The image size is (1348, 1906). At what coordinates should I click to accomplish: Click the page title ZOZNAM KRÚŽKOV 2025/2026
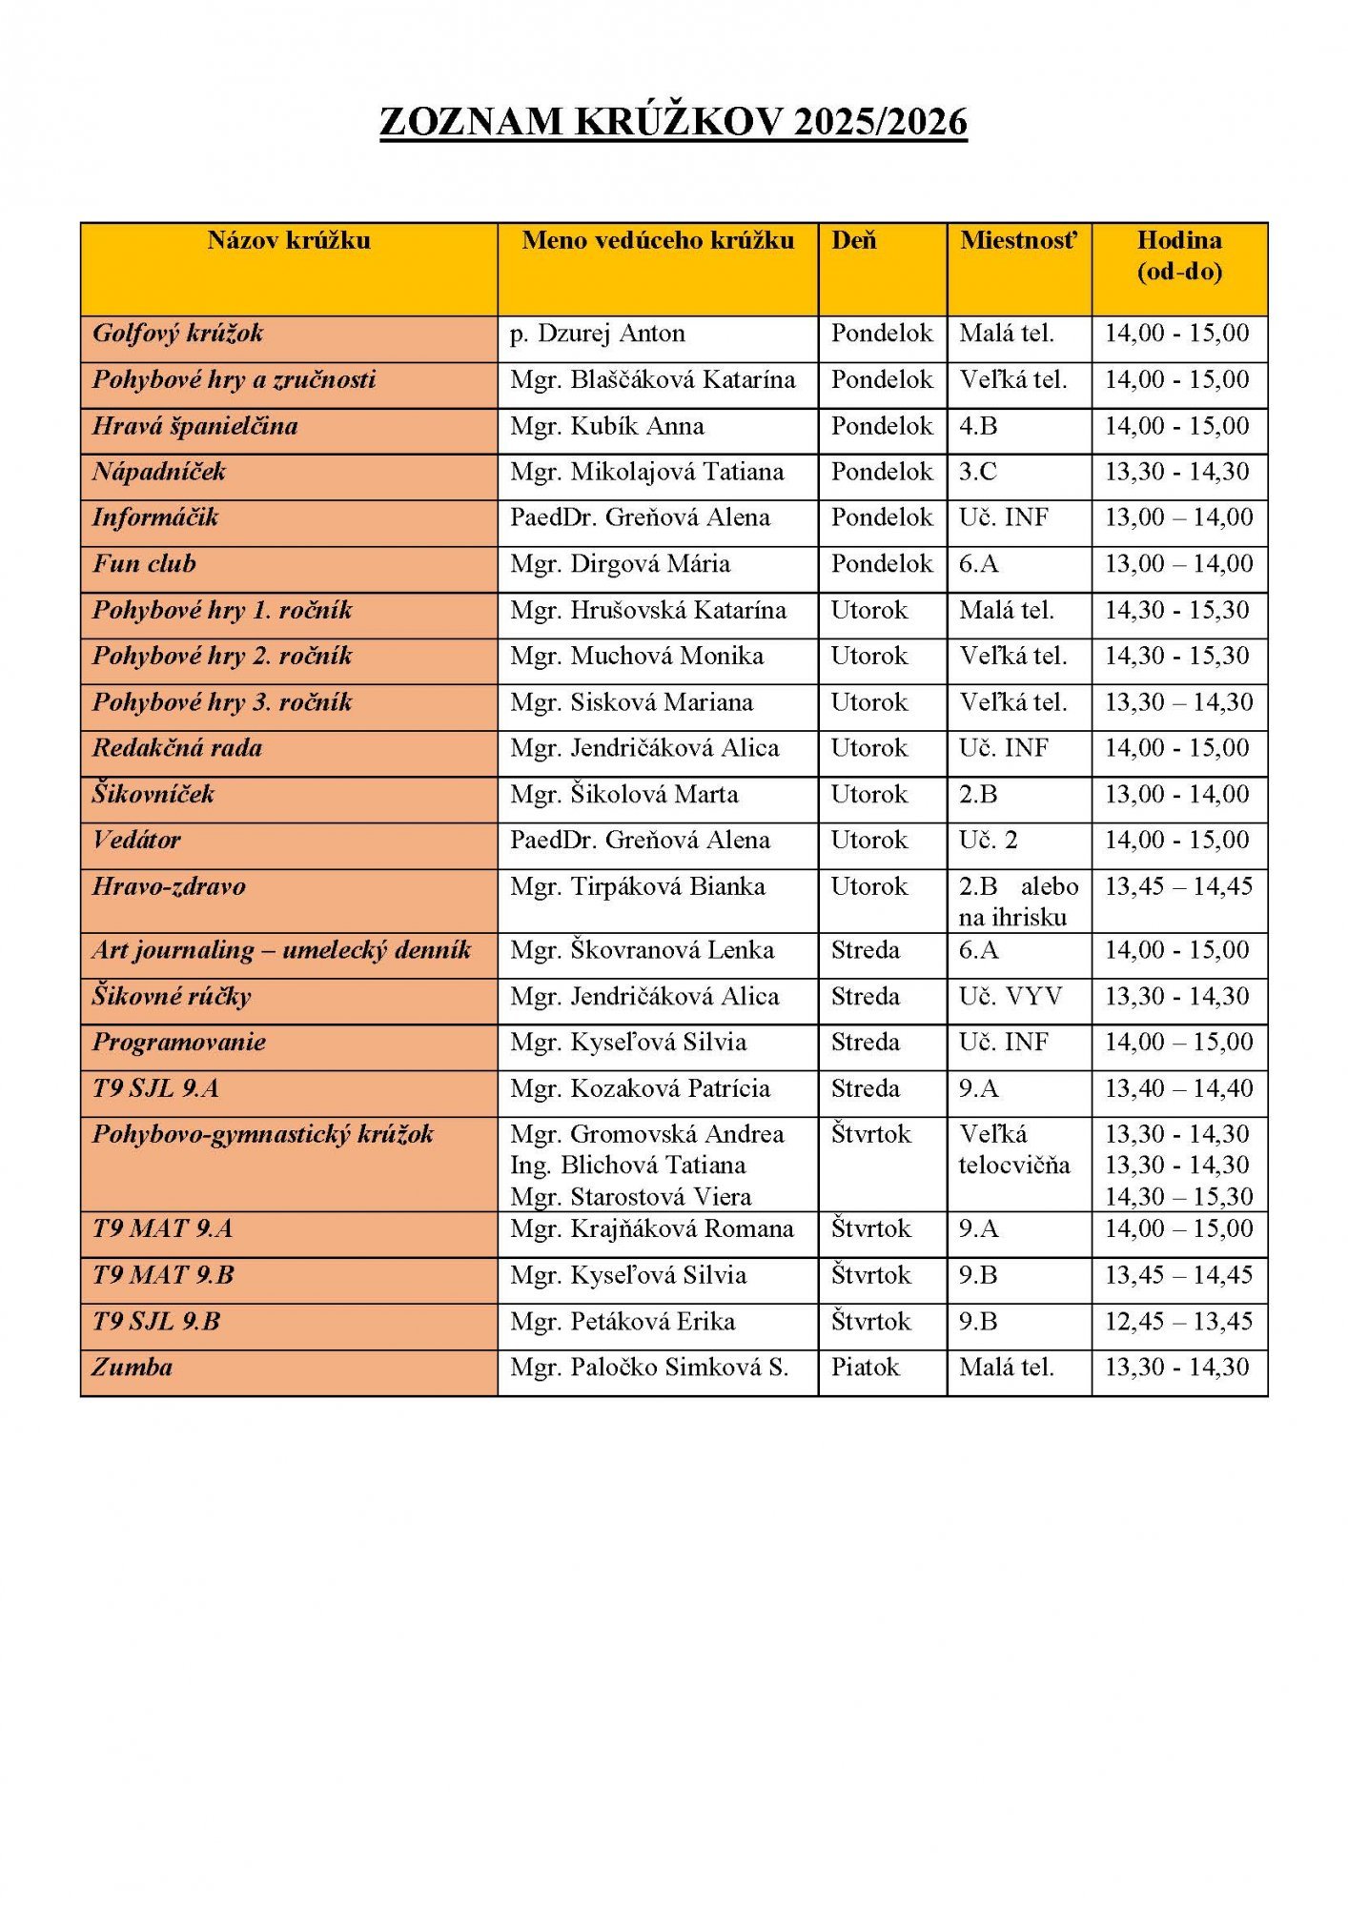[673, 122]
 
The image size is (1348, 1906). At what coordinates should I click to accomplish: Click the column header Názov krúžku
[289, 240]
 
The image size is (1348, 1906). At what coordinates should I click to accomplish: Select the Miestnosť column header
[1018, 240]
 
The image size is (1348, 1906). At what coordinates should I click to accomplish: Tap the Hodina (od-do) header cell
[1178, 255]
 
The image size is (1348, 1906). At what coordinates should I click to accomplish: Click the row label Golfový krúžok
[178, 334]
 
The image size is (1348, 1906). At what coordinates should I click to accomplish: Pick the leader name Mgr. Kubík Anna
[606, 426]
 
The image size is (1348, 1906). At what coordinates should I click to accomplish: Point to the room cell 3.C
[977, 472]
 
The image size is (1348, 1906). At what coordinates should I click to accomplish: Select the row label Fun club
[144, 564]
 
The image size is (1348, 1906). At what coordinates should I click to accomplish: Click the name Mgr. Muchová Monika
[636, 657]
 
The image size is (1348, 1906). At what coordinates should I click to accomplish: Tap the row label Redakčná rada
[177, 748]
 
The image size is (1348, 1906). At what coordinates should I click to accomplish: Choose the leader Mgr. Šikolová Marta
[623, 795]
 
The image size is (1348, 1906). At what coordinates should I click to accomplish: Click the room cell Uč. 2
[988, 841]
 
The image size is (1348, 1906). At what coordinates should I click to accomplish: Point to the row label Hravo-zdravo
[169, 887]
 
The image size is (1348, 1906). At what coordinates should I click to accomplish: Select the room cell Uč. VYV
[1010, 997]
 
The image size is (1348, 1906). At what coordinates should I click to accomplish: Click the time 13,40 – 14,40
[1178, 1088]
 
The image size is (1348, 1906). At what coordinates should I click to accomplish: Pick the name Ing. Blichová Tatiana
[627, 1166]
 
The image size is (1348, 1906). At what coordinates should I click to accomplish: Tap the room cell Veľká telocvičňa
[1013, 1149]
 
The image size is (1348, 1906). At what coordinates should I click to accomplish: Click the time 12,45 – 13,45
[1178, 1322]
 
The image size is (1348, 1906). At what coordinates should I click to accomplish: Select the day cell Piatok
[865, 1368]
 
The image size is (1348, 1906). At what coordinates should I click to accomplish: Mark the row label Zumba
[133, 1368]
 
